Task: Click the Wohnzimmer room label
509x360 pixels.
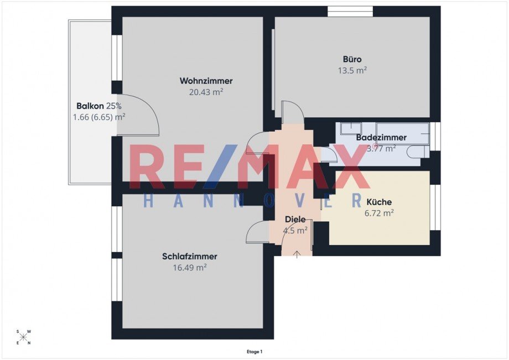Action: tap(206, 81)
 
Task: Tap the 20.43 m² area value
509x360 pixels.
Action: tap(206, 92)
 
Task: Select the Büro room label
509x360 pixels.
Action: tap(352, 59)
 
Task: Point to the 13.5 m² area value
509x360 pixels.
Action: tap(352, 70)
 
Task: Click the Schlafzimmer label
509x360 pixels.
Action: tap(189, 257)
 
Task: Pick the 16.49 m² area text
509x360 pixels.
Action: tap(189, 268)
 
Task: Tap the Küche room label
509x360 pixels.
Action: tap(378, 202)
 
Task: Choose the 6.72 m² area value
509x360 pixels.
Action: tap(378, 213)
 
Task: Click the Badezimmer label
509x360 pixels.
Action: tap(381, 137)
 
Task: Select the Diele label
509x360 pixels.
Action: tap(295, 220)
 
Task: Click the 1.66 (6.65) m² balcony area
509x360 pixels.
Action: tap(98, 117)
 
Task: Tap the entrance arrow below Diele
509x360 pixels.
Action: tap(297, 254)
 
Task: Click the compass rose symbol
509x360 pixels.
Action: tap(24, 337)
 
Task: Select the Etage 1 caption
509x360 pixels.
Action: tap(254, 351)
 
